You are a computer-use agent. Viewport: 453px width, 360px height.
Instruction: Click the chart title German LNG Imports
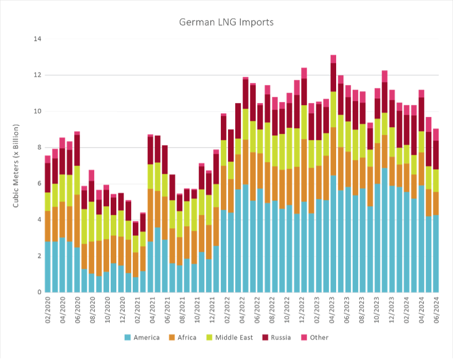click(x=226, y=23)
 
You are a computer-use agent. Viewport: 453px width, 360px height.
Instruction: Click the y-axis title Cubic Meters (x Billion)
click(x=15, y=165)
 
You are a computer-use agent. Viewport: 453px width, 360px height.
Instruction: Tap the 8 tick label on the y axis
click(x=37, y=148)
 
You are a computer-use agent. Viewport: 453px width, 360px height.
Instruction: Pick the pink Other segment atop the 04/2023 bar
click(x=334, y=59)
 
